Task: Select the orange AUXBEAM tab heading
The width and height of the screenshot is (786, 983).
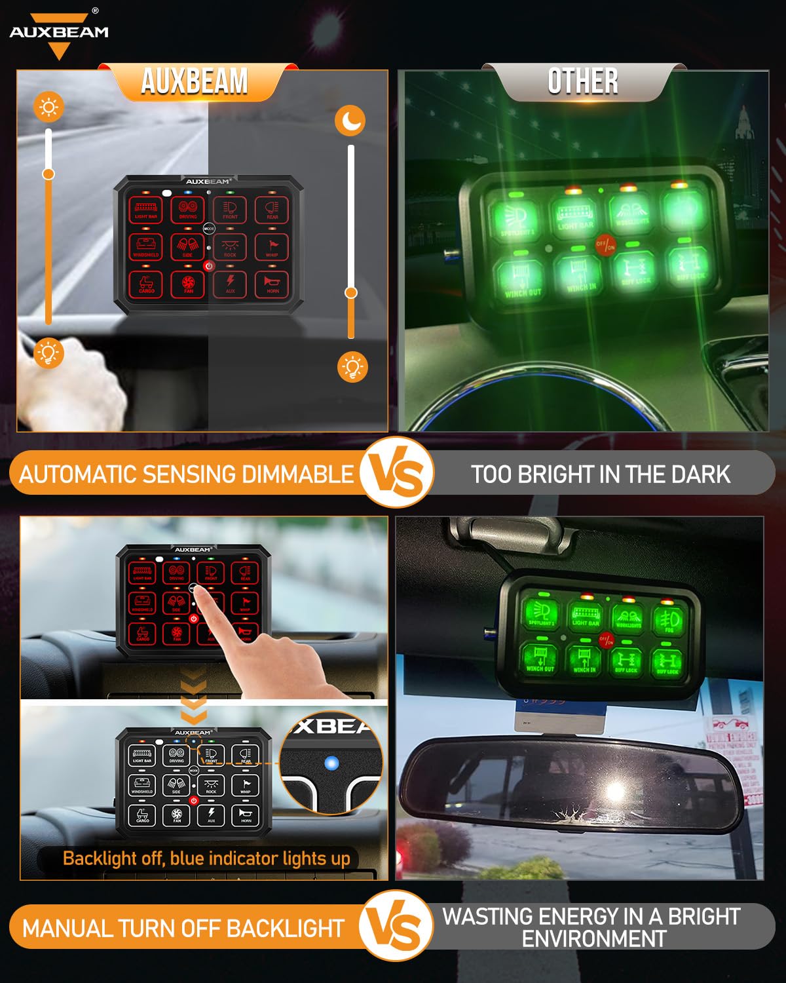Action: pyautogui.click(x=195, y=82)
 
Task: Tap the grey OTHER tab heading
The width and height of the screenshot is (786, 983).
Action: pyautogui.click(x=582, y=82)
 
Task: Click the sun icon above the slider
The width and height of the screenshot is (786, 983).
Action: pyautogui.click(x=49, y=107)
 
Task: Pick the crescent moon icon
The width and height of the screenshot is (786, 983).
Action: pyautogui.click(x=350, y=121)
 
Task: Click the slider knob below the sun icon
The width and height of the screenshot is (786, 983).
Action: pyautogui.click(x=48, y=174)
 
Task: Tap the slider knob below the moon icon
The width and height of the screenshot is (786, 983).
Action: pyautogui.click(x=351, y=292)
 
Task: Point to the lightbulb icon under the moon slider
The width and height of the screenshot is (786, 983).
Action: pyautogui.click(x=352, y=367)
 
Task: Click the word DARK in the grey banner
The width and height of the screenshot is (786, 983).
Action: pyautogui.click(x=703, y=474)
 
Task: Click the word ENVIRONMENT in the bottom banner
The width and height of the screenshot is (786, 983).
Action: pyautogui.click(x=593, y=938)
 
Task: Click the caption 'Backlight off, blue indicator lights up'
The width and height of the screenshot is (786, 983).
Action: pyautogui.click(x=206, y=858)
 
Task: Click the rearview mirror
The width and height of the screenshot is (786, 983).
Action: pyautogui.click(x=570, y=786)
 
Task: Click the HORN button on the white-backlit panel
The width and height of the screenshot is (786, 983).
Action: pyautogui.click(x=246, y=815)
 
